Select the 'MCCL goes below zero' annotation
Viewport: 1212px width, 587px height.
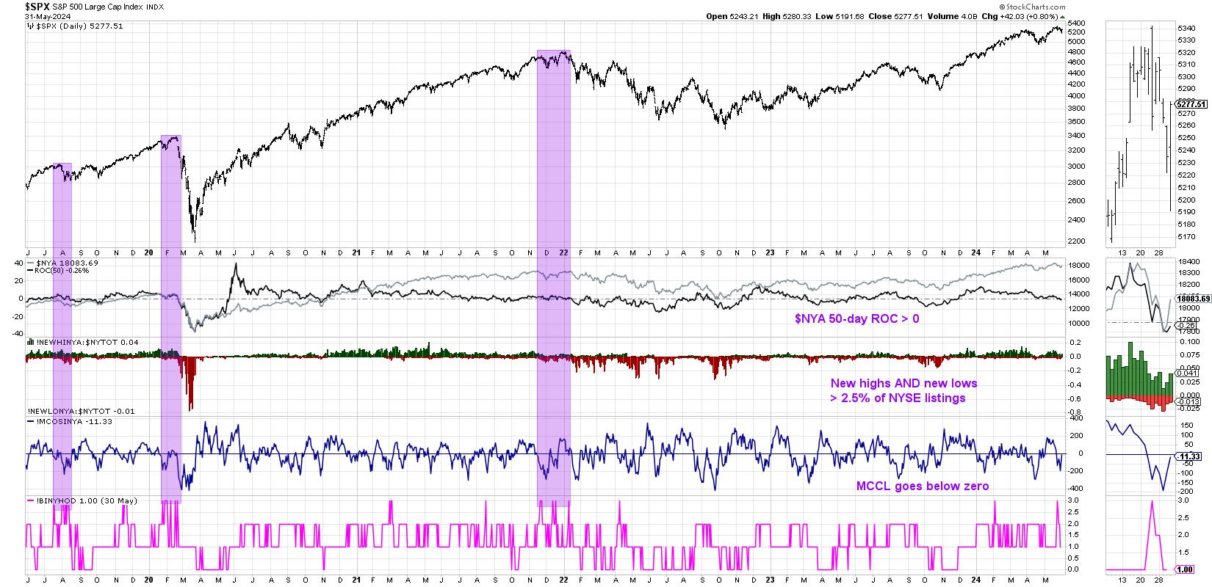(x=923, y=486)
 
